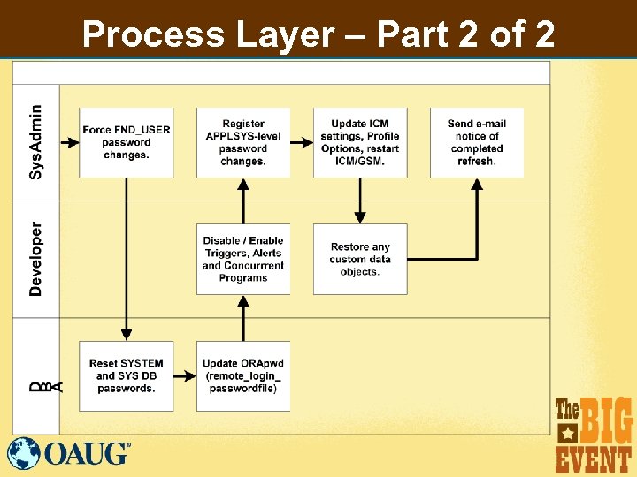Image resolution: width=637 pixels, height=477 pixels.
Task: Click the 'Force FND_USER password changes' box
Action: point(126,142)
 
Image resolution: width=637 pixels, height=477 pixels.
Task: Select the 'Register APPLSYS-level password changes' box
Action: point(243,142)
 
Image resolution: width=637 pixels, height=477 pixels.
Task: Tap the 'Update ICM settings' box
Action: point(360,142)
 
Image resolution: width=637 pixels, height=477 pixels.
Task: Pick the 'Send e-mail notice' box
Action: point(477,142)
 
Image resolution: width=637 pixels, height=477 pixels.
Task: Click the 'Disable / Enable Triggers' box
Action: point(243,259)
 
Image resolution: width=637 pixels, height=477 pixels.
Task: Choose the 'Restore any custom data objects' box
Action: point(360,259)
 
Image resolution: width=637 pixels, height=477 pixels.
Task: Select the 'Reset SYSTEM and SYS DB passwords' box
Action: point(126,375)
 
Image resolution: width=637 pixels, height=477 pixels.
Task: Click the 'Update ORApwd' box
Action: point(243,375)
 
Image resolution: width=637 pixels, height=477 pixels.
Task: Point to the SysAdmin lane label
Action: point(35,141)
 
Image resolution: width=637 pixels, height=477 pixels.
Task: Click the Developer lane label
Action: point(35,258)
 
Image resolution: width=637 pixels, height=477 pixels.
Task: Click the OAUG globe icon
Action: point(24,453)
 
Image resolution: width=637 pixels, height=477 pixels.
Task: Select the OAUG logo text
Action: point(87,454)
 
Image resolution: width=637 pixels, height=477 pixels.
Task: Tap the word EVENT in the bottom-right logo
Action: point(594,458)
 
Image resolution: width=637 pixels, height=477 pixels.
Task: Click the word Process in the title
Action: point(153,35)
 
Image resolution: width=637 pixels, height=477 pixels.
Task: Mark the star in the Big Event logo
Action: point(567,433)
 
